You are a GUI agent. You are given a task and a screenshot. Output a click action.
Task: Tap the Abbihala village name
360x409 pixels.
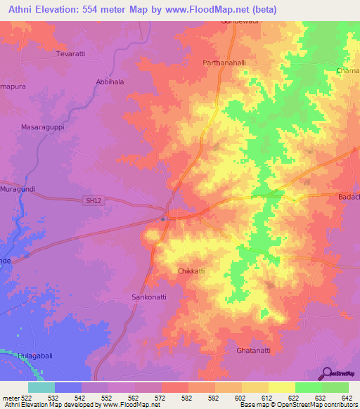tap(110, 82)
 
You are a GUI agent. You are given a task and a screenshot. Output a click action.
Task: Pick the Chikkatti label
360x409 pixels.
tap(191, 270)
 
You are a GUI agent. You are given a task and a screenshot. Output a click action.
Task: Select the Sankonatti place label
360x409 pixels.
tap(149, 297)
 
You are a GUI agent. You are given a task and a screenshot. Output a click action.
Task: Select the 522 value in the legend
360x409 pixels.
tap(27, 398)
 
